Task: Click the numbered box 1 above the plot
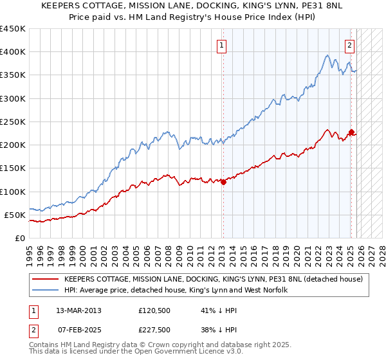coord(221,45)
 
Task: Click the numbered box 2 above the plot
coord(349,45)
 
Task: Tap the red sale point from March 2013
coord(223,182)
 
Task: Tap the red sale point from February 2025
coord(351,132)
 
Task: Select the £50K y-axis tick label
coord(15,215)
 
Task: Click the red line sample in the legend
coord(45,280)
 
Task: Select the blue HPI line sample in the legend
coord(45,291)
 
